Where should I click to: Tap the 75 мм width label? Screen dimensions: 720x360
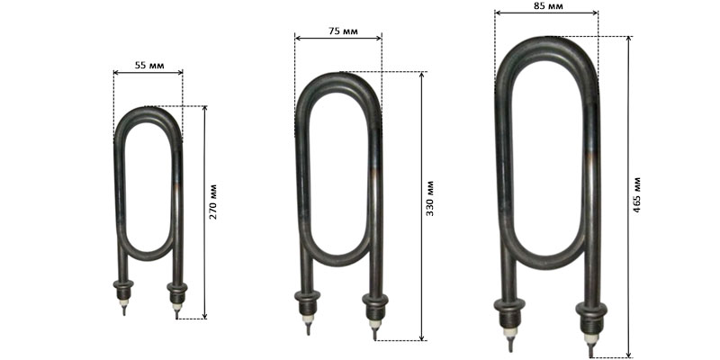[343, 31]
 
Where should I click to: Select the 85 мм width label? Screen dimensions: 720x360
[548, 6]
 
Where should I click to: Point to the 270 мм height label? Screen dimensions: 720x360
[213, 202]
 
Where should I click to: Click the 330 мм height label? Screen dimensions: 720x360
[430, 199]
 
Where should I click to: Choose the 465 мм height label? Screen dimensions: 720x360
[636, 194]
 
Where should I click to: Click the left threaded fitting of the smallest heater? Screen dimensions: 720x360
[123, 289]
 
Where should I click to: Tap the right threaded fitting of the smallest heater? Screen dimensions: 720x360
[177, 292]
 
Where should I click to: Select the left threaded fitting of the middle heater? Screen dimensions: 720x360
[307, 302]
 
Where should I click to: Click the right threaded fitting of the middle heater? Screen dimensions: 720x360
[375, 306]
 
